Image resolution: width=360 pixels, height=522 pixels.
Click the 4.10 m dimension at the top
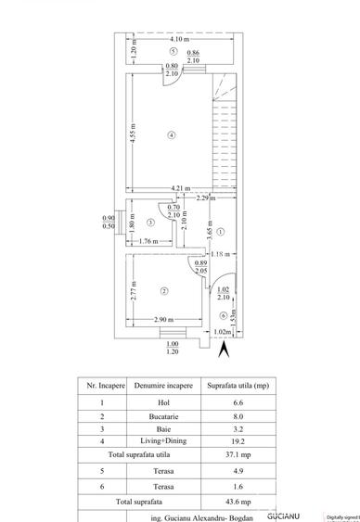click(x=179, y=40)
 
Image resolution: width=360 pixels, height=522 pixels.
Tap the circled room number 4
click(x=172, y=134)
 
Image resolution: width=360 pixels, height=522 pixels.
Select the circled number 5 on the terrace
click(x=174, y=51)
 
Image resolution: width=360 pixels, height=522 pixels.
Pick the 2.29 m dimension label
click(x=204, y=198)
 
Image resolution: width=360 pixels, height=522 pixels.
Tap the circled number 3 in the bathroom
click(x=149, y=223)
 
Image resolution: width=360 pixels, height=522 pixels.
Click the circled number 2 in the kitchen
click(x=164, y=291)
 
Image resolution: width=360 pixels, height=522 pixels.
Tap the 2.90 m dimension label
click(x=166, y=320)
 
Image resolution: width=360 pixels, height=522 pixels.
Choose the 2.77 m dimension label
click(x=134, y=293)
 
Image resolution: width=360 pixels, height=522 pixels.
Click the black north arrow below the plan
click(x=222, y=350)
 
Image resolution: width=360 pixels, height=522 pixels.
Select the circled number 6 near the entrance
click(x=224, y=315)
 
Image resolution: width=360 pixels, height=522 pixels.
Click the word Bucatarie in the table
click(x=150, y=416)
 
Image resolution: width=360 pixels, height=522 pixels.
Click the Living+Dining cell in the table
click(x=150, y=442)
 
